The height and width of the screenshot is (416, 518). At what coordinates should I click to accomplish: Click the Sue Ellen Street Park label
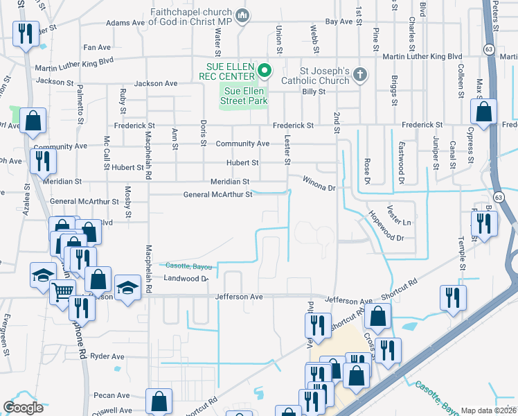click(244, 95)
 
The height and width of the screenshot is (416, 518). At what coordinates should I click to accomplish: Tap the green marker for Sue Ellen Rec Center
click(264, 71)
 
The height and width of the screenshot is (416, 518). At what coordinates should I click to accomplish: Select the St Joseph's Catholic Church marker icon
click(359, 73)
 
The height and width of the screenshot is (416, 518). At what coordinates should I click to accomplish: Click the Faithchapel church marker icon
click(242, 15)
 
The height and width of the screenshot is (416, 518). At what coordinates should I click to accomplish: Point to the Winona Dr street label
click(319, 184)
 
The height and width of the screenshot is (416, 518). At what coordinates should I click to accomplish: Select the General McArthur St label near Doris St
click(217, 195)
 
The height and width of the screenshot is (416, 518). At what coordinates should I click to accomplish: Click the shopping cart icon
click(63, 293)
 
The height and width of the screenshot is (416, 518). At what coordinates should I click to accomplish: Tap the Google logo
click(23, 408)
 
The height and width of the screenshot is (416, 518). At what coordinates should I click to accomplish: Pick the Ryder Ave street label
click(107, 356)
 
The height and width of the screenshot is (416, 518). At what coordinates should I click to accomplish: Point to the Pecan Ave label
click(114, 395)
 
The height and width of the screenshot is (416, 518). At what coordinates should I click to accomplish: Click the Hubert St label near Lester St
click(243, 163)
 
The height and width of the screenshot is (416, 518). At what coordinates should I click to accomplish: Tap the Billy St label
click(313, 92)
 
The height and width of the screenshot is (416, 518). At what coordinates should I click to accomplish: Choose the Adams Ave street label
click(125, 23)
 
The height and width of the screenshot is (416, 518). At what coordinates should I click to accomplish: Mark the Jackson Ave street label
click(156, 83)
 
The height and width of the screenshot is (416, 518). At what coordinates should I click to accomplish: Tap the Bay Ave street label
click(339, 22)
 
